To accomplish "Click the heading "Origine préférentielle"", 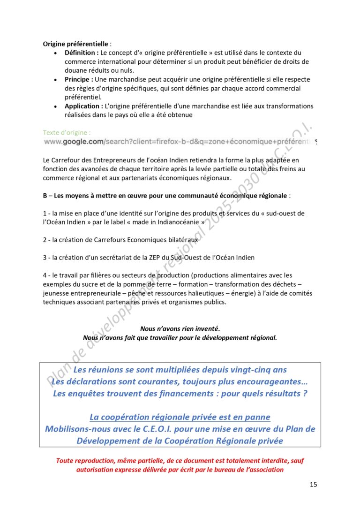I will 75,44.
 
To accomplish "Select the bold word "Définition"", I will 81,53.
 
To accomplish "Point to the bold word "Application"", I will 82,107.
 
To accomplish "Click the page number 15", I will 313,485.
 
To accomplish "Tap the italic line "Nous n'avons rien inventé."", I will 180,329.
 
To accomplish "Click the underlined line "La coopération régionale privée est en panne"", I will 180,417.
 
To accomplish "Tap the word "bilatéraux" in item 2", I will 182,240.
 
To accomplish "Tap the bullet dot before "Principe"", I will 56,80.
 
